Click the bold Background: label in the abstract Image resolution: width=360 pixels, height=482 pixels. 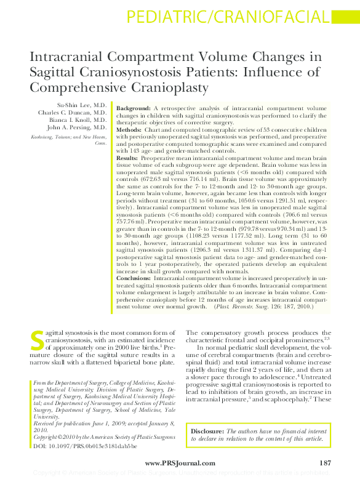[x=134, y=108]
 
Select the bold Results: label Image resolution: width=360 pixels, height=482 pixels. [x=127, y=158]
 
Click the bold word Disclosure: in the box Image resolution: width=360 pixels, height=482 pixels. [x=207, y=432]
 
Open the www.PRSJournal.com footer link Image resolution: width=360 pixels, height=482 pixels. [x=180, y=463]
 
